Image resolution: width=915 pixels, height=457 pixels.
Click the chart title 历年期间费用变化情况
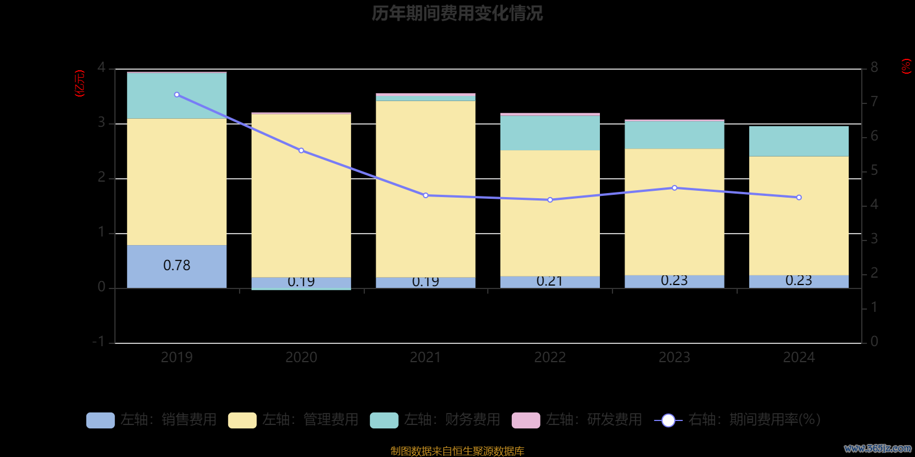pos(457,13)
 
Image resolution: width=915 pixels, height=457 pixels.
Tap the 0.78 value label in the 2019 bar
pos(177,266)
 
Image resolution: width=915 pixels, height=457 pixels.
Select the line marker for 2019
pos(177,95)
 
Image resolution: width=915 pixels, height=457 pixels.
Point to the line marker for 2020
pos(301,151)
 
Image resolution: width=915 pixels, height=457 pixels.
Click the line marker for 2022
pos(550,200)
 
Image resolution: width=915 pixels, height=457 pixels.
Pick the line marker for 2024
pos(799,198)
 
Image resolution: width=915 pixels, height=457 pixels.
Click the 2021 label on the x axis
pos(425,358)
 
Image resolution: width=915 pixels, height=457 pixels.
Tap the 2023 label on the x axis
pos(674,358)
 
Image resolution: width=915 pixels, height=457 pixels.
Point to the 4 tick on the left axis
pos(101,68)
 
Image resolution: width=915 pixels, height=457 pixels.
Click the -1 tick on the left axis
pos(99,342)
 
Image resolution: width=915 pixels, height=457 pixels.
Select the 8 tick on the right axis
pos(874,68)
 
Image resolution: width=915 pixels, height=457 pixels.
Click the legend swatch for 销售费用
pos(100,420)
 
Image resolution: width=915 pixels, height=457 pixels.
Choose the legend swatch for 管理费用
pos(242,420)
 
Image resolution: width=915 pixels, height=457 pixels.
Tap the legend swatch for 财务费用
pos(384,420)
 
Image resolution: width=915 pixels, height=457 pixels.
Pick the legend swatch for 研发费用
pos(526,420)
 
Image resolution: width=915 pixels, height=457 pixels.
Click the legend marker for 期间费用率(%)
pos(668,420)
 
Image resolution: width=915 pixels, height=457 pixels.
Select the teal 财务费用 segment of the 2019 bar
pos(177,95)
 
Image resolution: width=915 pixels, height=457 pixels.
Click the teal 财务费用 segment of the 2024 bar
pos(799,141)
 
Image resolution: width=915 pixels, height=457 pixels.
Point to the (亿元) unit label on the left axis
pos(80,83)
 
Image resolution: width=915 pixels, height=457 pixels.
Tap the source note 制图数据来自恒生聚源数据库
pos(457,451)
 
